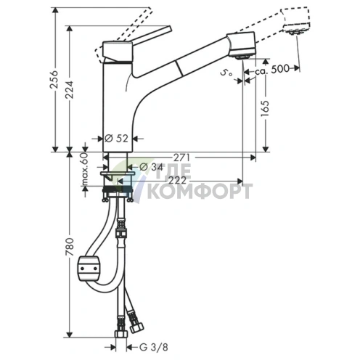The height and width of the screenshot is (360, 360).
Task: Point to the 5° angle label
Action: (x=229, y=73)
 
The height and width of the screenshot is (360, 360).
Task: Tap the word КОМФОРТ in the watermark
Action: (x=200, y=192)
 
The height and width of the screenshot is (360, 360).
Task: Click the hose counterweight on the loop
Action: (x=89, y=269)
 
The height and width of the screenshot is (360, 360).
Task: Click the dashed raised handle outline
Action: (x=131, y=22)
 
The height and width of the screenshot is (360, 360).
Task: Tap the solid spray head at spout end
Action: (x=242, y=46)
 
